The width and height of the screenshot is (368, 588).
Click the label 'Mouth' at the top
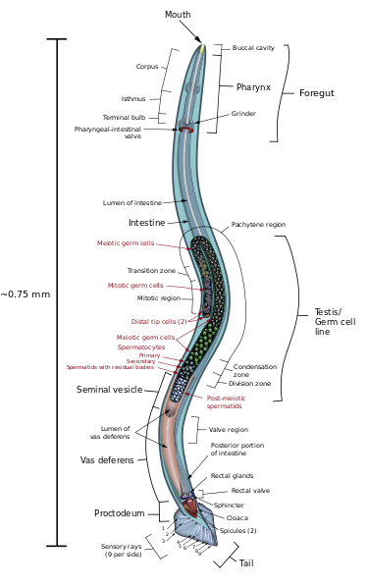click(178, 15)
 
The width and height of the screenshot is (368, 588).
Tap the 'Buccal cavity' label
click(253, 48)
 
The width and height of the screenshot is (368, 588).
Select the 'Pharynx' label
click(253, 87)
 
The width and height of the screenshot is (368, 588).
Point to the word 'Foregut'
click(316, 93)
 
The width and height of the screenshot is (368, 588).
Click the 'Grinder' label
click(243, 114)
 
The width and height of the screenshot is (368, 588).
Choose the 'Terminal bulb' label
click(124, 118)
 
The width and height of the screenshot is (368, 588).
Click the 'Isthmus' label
click(133, 99)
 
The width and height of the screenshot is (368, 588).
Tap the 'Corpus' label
click(147, 67)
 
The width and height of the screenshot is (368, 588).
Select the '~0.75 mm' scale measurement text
click(26, 294)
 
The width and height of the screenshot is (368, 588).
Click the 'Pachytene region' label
click(258, 225)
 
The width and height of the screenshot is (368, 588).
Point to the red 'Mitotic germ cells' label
click(135, 286)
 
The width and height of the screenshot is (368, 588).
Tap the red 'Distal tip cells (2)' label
click(159, 322)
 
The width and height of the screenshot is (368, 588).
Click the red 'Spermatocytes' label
click(141, 347)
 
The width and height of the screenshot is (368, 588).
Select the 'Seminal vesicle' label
click(110, 390)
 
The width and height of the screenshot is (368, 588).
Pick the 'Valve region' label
click(229, 429)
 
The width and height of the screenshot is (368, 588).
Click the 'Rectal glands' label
click(232, 476)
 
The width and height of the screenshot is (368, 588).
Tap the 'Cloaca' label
click(237, 517)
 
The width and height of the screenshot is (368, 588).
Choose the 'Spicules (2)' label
click(238, 530)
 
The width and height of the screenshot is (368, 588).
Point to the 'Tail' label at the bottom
click(246, 563)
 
